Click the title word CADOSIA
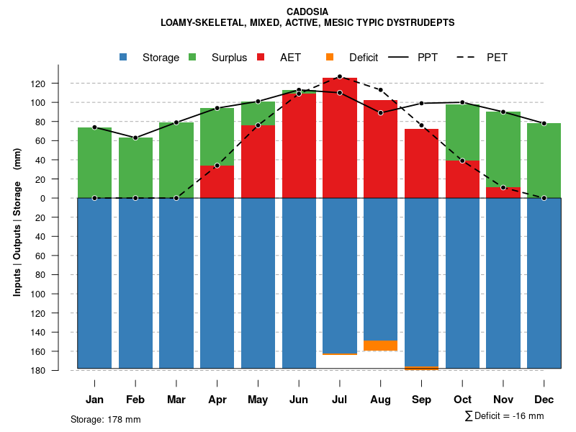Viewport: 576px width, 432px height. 307,12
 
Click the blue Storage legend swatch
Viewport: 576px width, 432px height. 124,57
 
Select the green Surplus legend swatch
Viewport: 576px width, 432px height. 192,57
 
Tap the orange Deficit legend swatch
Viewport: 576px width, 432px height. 330,57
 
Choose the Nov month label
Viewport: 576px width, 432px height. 503,400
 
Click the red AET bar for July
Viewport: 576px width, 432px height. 340,137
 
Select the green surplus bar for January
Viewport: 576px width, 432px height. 94,162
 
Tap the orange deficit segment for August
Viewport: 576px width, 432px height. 381,346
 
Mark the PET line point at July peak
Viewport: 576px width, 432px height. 339,76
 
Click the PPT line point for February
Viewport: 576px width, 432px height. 135,138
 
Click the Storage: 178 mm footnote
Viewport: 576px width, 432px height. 106,419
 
